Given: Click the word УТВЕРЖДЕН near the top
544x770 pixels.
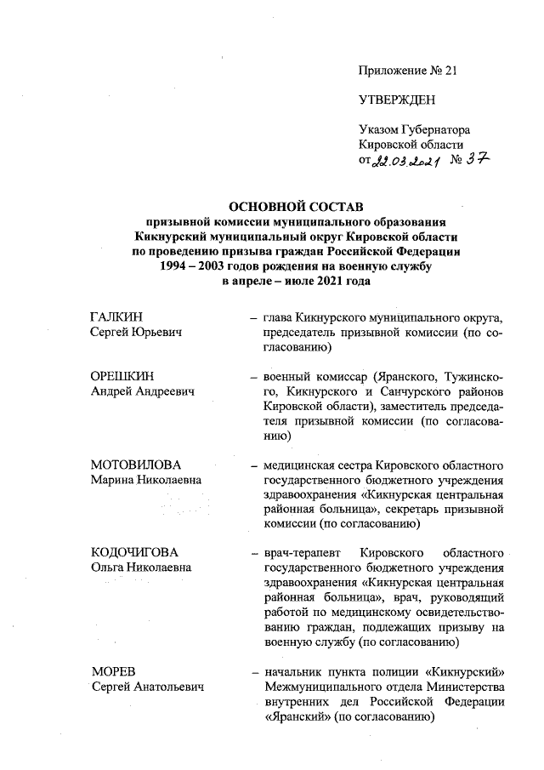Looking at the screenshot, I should coord(398,100).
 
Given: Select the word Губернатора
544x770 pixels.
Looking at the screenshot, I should coord(434,129).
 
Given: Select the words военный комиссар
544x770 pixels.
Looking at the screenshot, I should coord(314,376).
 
